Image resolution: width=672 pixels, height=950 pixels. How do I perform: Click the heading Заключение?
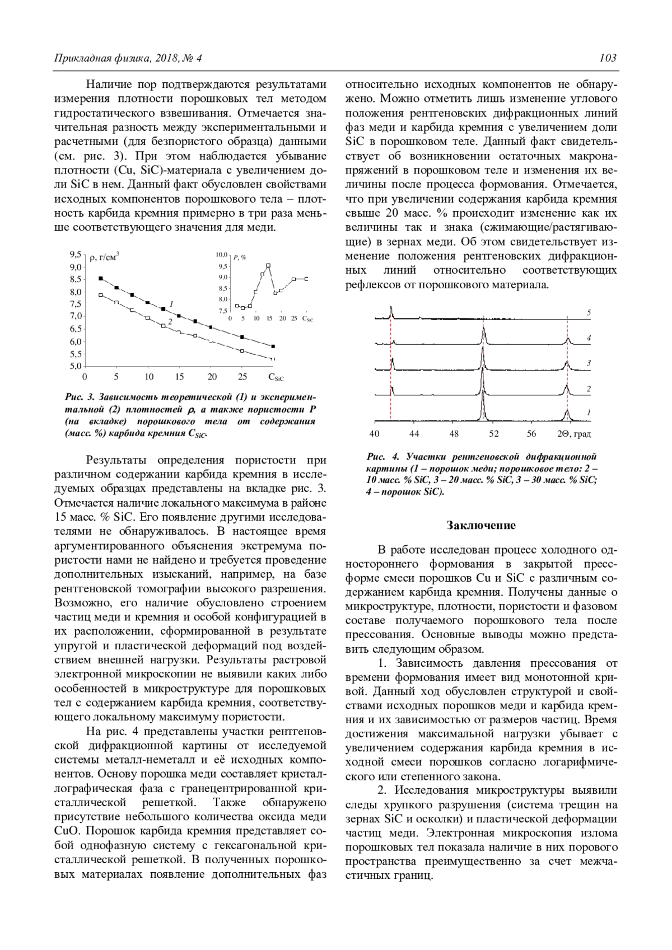point(480,525)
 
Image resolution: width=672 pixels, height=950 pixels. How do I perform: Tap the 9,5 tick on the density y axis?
point(75,254)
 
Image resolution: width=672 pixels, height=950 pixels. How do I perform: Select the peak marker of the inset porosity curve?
point(268,265)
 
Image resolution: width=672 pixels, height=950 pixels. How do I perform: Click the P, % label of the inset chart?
point(240,256)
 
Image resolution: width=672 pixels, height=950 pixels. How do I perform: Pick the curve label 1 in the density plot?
point(171,303)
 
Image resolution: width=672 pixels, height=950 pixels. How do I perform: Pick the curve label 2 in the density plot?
point(169,321)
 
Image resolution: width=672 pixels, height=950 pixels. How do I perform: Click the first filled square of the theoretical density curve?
point(101,278)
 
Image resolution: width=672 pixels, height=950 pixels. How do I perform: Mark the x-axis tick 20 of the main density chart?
point(212,377)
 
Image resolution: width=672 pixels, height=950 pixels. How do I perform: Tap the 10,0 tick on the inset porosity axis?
point(221,255)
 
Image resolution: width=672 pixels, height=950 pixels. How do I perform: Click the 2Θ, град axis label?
point(573,433)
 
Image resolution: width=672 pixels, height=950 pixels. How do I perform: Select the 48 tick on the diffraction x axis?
point(454,433)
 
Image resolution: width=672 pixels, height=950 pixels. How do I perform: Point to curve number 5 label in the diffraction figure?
point(589,313)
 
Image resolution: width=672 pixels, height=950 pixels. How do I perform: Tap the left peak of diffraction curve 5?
point(391,309)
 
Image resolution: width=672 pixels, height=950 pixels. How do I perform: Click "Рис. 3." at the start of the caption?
point(80,397)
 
